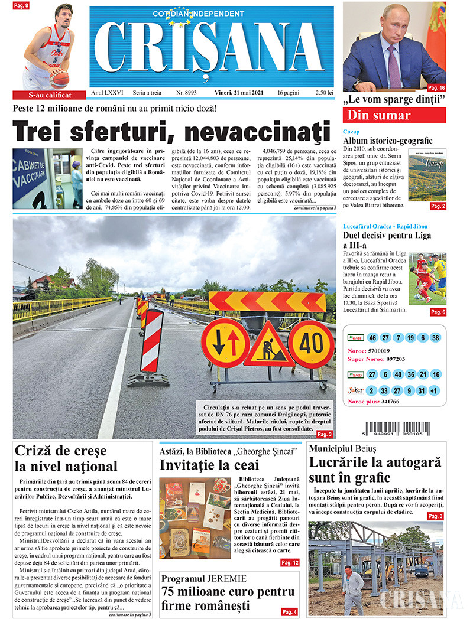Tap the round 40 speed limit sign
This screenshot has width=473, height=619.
coord(311,344)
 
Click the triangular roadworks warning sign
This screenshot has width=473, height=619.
coord(268,346)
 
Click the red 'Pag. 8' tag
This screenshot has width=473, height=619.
coord(21,5)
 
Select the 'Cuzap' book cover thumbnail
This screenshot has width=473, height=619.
coord(427,175)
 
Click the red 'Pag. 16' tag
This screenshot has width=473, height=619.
coord(437,87)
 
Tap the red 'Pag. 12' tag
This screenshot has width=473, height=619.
coord(290,563)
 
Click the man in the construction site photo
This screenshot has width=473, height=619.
coord(353,588)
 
